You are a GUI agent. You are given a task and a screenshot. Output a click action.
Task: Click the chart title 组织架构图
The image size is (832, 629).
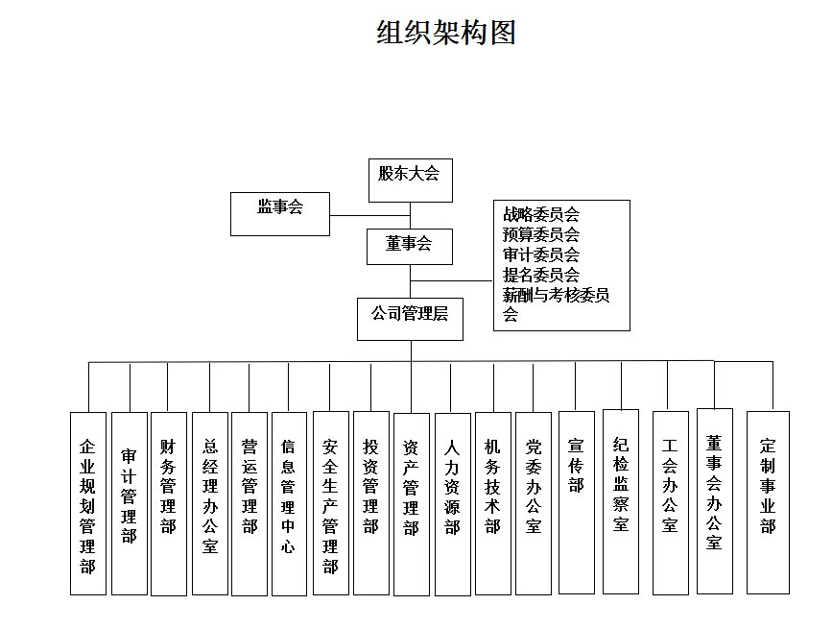446,33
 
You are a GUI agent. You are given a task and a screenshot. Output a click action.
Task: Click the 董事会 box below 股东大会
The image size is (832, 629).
410,245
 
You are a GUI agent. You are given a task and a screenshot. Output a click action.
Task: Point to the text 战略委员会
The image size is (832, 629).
541,214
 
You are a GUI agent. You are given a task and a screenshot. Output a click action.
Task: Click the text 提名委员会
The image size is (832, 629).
541,275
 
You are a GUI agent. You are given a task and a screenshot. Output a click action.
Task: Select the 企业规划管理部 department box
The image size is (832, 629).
87,504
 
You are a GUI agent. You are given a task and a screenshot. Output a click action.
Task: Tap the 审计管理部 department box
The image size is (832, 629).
129,504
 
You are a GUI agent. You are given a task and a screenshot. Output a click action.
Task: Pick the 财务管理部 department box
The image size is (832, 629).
169,504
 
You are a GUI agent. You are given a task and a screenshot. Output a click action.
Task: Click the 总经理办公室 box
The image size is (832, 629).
210,504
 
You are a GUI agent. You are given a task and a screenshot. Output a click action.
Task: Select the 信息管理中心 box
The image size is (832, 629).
289,504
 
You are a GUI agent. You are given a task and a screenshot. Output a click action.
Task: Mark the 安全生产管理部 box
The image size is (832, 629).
330,504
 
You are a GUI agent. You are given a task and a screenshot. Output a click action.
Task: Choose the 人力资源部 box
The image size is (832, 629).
452,504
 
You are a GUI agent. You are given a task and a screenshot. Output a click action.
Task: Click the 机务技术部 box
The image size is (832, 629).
492,504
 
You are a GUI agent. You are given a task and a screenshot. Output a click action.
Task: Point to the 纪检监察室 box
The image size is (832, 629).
620,501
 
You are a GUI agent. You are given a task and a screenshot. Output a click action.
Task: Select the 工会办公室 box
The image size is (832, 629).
670,502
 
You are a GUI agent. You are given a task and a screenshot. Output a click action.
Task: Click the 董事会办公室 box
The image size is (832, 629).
714,500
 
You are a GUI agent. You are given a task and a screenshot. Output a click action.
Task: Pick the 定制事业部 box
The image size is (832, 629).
768,502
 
